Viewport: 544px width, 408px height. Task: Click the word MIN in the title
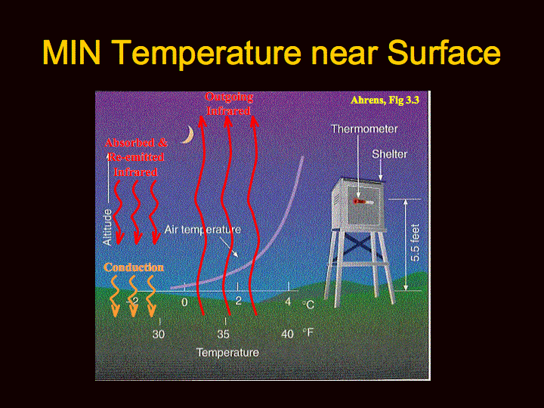click(x=72, y=52)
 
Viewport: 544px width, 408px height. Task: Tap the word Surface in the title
click(x=444, y=52)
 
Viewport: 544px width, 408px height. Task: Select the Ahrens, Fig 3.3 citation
click(x=385, y=100)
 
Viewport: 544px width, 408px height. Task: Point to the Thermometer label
click(x=364, y=129)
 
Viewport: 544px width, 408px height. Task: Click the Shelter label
click(x=389, y=154)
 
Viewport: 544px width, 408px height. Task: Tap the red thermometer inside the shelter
click(x=363, y=202)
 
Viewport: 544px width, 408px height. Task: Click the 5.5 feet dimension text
click(x=415, y=243)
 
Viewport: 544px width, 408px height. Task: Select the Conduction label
click(x=134, y=267)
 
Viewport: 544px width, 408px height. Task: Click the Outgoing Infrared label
click(x=229, y=104)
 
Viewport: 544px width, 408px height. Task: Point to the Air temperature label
click(x=202, y=230)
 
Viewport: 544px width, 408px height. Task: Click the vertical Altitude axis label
click(x=107, y=227)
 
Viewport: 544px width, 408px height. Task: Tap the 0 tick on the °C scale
click(x=184, y=302)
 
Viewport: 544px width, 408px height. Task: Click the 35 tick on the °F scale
click(x=223, y=334)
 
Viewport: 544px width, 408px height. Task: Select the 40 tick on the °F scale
click(x=287, y=334)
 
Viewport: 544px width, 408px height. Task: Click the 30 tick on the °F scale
click(x=159, y=334)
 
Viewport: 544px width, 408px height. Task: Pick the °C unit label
click(x=308, y=304)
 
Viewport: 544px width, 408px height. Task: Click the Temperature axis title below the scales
click(x=227, y=353)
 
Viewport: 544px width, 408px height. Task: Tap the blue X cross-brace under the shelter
click(x=358, y=244)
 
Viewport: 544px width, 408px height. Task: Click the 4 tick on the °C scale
click(x=288, y=301)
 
